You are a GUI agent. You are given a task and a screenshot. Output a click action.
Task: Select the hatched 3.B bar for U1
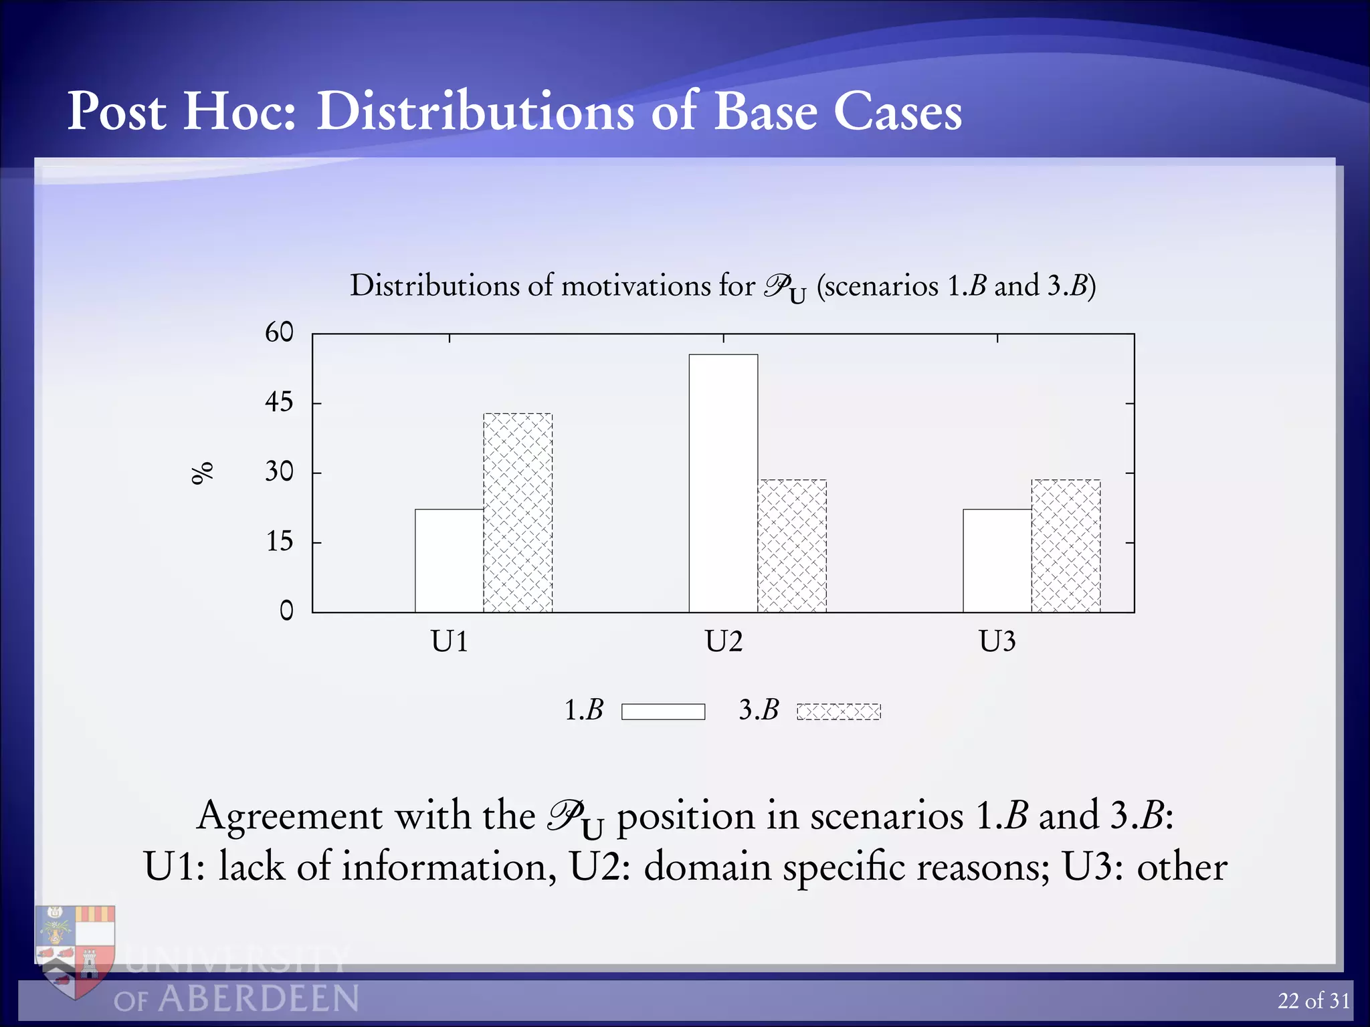click(518, 512)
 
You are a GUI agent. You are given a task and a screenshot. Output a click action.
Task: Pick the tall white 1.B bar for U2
click(723, 483)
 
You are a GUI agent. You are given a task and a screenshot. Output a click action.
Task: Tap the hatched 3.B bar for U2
click(792, 546)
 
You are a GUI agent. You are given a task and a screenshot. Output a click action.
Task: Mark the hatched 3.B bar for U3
click(1066, 546)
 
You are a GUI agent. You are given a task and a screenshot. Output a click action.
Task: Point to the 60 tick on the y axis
click(279, 332)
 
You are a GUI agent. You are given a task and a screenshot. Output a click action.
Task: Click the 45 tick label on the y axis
click(279, 402)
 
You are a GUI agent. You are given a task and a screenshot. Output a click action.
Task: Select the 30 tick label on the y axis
click(279, 472)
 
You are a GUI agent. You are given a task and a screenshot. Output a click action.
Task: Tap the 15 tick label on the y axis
click(279, 542)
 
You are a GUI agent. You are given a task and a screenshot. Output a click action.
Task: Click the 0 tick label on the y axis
click(286, 610)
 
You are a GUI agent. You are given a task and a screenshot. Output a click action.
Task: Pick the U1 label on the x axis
click(449, 642)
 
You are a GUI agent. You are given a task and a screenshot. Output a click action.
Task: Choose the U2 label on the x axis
click(723, 642)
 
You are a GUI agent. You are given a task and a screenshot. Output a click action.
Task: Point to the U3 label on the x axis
click(997, 642)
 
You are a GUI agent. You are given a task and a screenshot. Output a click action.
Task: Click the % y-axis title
click(201, 472)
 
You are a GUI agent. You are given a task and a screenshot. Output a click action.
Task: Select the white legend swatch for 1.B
click(663, 711)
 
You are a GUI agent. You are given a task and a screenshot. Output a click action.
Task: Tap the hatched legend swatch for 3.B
click(839, 711)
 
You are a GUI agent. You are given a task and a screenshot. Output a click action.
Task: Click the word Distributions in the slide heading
click(475, 111)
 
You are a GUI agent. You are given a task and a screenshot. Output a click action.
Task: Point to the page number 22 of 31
click(1313, 1001)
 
